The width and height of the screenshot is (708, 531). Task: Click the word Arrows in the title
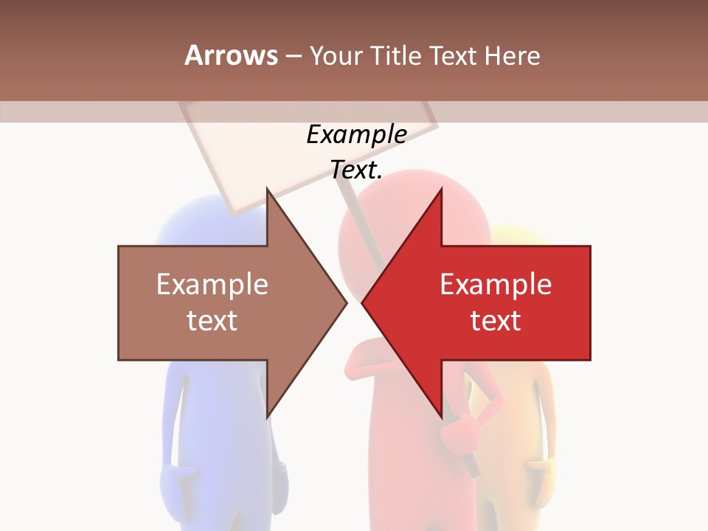(231, 55)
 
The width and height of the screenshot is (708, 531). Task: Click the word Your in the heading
(336, 55)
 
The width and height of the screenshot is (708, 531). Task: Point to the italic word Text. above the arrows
(356, 170)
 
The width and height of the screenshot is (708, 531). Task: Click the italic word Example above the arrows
(356, 135)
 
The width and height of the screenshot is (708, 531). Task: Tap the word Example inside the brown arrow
(212, 284)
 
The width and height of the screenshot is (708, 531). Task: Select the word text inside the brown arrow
(212, 320)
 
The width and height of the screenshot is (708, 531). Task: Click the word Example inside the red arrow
(496, 284)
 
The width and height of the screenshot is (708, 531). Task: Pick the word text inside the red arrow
(496, 320)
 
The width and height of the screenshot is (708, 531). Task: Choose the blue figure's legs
(214, 472)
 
